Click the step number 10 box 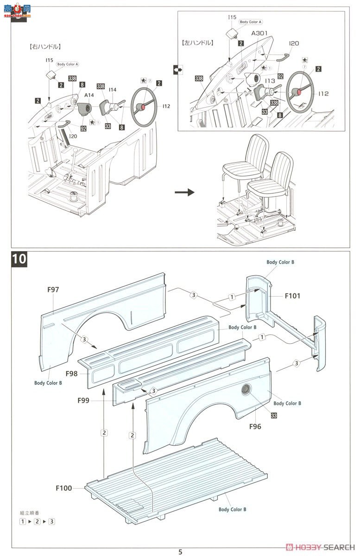[x=19, y=259]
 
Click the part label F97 [x=53, y=290]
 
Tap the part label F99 [x=83, y=400]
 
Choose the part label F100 [x=64, y=488]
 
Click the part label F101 [x=292, y=295]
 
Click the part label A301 [x=260, y=34]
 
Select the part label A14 [x=89, y=95]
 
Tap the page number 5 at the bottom [x=180, y=551]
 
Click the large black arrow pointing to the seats [x=184, y=192]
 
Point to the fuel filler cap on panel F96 [x=246, y=390]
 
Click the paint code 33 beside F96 [x=274, y=416]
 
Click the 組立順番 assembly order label [x=30, y=512]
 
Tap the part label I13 [x=271, y=81]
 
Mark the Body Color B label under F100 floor [x=232, y=509]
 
